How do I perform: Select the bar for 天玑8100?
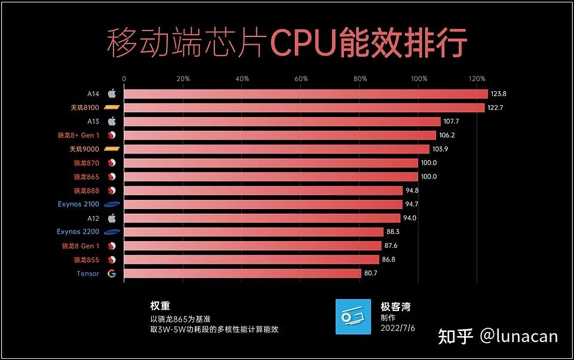[304, 107]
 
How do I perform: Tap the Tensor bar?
[242, 273]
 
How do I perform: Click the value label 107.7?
[453, 121]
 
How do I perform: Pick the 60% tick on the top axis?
[301, 79]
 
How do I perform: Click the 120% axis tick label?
[478, 79]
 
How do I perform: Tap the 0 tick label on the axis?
[124, 79]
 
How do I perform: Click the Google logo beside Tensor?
[111, 273]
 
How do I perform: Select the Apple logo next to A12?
[111, 218]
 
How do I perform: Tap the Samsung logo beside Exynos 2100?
[112, 204]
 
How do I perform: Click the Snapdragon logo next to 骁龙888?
[111, 190]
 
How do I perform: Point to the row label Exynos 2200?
[78, 232]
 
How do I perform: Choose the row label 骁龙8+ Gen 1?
[81, 135]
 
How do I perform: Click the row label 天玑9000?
[84, 149]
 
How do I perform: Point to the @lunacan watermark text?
[518, 336]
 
